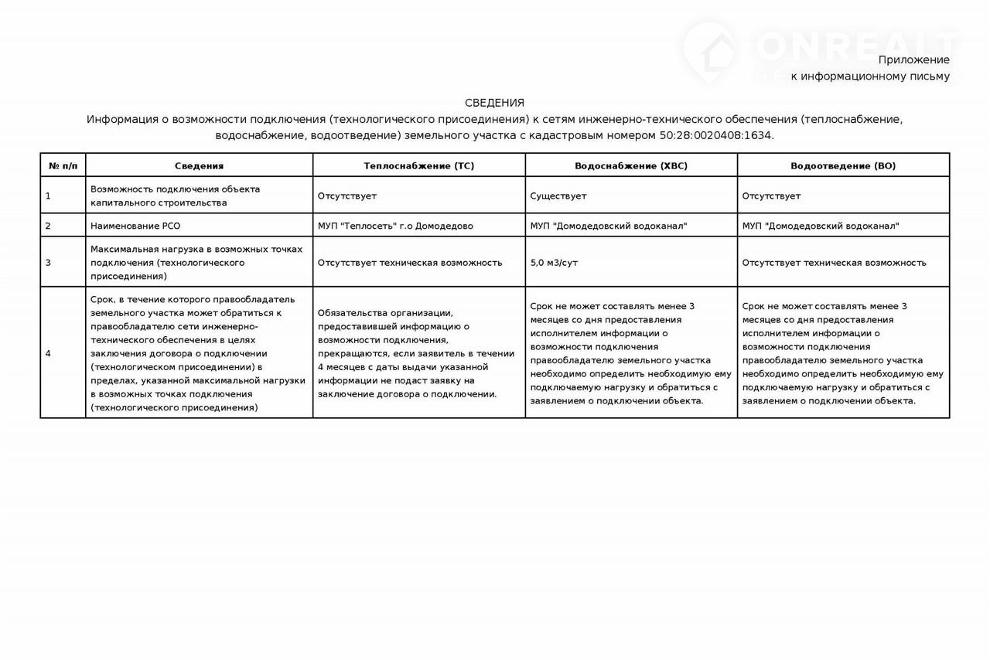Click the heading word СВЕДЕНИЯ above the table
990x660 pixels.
click(494, 103)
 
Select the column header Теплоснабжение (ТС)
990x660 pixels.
click(418, 166)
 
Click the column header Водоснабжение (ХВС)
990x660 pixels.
click(630, 166)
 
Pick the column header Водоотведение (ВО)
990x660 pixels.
click(843, 166)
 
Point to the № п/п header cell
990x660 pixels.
click(63, 166)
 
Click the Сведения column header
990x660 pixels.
click(199, 166)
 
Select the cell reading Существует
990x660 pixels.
click(558, 196)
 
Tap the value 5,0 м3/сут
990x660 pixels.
click(554, 263)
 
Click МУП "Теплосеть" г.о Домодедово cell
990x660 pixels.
click(395, 226)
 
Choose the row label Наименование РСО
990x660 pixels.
click(129, 226)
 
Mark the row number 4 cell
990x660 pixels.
click(48, 353)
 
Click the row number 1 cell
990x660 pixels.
click(48, 196)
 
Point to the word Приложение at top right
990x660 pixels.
click(913, 60)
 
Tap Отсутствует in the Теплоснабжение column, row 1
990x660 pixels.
click(347, 196)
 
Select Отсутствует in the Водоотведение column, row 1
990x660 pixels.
click(771, 196)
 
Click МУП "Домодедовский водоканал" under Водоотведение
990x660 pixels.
click(821, 226)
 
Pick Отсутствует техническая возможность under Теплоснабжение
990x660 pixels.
click(410, 263)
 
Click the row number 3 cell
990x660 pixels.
click(48, 263)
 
